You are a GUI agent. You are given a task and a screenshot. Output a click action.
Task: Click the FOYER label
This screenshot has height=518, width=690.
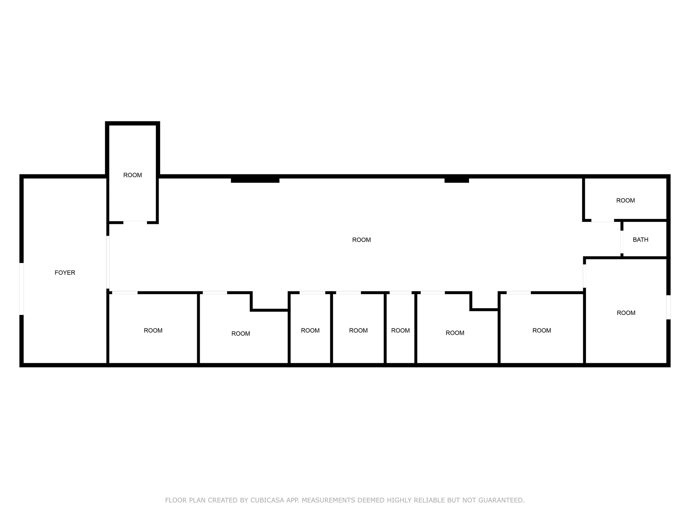pyautogui.click(x=65, y=272)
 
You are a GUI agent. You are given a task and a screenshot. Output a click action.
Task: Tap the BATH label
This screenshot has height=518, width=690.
pyautogui.click(x=640, y=240)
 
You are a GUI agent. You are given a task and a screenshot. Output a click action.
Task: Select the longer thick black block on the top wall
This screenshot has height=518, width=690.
pyautogui.click(x=255, y=179)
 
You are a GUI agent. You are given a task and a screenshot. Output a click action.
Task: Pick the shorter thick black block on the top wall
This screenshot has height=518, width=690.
pyautogui.click(x=457, y=179)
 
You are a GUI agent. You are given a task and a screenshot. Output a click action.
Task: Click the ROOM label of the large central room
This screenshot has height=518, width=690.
pyautogui.click(x=362, y=240)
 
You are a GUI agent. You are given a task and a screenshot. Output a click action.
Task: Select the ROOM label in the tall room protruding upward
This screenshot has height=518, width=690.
pyautogui.click(x=132, y=175)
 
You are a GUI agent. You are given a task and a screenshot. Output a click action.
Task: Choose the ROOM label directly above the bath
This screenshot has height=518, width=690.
pyautogui.click(x=625, y=200)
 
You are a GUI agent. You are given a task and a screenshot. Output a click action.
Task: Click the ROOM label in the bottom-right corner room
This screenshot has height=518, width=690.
pyautogui.click(x=626, y=313)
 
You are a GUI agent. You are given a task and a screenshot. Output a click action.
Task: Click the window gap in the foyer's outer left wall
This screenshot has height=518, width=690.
pyautogui.click(x=22, y=289)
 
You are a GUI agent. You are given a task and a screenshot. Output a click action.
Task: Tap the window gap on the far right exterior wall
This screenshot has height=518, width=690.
pyautogui.click(x=668, y=307)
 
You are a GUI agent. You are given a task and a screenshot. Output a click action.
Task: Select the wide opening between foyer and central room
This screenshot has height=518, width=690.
pyautogui.click(x=108, y=262)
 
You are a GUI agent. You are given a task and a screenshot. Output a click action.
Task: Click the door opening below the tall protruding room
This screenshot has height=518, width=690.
pyautogui.click(x=135, y=222)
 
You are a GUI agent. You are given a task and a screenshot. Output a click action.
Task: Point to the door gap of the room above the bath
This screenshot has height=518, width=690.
pyautogui.click(x=602, y=221)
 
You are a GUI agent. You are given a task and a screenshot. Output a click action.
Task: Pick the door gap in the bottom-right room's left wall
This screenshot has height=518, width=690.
pyautogui.click(x=585, y=276)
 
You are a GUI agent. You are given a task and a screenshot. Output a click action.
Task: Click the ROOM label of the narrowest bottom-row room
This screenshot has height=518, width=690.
pyautogui.click(x=400, y=330)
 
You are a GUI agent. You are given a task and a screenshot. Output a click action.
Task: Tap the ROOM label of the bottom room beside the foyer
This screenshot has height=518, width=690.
pyautogui.click(x=153, y=330)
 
